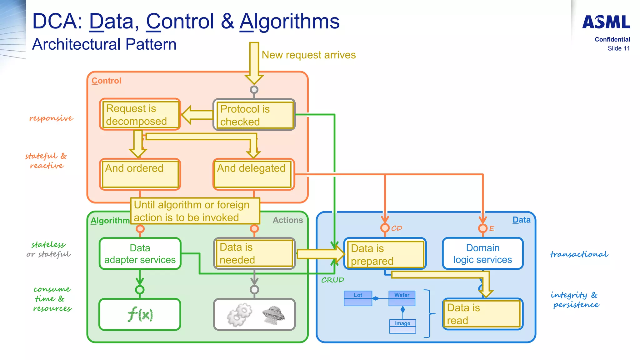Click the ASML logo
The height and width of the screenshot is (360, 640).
point(606,22)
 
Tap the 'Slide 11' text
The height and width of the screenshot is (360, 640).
point(618,48)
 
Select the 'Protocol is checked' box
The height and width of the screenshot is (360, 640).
point(254,115)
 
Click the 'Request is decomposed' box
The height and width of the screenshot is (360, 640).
point(140,115)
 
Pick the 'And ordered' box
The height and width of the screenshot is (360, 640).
point(140,174)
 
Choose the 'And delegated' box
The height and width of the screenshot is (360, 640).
point(253,174)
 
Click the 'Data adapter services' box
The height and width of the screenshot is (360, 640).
point(140,254)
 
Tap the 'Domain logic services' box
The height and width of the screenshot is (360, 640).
point(482,254)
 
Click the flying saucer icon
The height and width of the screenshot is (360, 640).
point(273,314)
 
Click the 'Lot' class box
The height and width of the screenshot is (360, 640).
point(358,298)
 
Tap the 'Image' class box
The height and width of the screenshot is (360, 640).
point(402,326)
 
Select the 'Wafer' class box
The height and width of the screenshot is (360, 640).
point(402,298)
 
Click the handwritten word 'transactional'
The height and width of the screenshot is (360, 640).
point(579,254)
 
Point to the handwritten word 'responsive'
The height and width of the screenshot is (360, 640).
point(51,118)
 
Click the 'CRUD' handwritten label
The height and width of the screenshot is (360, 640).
point(332,280)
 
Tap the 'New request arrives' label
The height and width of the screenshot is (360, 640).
point(308,55)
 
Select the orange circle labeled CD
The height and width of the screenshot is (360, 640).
point(385,228)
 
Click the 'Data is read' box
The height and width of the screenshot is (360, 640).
point(482,314)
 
